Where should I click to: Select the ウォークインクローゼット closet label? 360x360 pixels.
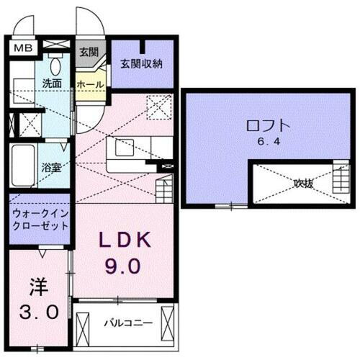40,218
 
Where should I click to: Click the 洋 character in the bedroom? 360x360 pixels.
37,288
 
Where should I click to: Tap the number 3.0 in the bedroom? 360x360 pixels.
37,314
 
